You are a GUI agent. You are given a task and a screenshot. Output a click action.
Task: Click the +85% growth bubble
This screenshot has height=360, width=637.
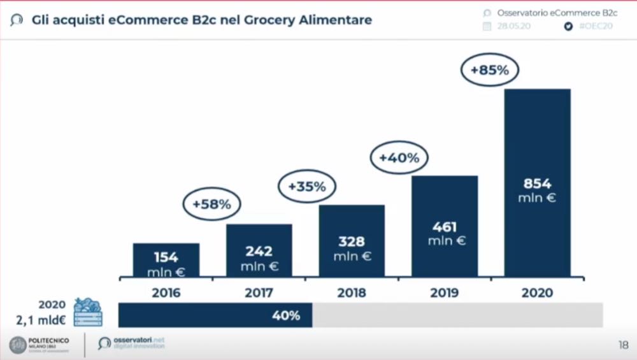coord(490,70)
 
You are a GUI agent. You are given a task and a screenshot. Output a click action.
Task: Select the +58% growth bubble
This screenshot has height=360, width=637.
coord(211,205)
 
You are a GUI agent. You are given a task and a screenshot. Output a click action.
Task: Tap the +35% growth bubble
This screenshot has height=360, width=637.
coord(307,187)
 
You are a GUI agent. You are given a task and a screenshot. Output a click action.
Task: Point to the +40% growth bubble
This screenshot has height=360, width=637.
coord(399,158)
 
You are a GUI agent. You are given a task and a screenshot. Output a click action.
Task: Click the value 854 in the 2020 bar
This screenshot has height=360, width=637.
coord(537,184)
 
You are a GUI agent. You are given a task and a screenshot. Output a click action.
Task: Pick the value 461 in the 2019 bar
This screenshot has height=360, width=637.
coord(444,227)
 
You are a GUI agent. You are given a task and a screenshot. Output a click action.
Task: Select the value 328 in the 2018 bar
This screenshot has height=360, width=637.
coord(352,241)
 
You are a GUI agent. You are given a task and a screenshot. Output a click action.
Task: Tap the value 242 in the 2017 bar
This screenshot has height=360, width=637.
coord(259,251)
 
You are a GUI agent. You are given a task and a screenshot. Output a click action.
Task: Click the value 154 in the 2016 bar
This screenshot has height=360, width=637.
coord(166,257)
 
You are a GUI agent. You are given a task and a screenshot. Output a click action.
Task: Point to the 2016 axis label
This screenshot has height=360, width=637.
coord(166,293)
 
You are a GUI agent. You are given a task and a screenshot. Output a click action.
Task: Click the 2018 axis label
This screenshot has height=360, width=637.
coord(352,293)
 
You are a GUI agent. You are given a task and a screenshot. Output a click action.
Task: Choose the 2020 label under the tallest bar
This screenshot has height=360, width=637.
coord(537,293)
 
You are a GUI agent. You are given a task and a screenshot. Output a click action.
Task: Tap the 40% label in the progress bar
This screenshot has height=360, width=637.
coord(286,315)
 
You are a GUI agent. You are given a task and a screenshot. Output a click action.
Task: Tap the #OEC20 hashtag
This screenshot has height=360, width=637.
coord(596,27)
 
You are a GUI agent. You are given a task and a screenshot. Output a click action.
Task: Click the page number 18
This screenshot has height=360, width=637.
coord(623,345)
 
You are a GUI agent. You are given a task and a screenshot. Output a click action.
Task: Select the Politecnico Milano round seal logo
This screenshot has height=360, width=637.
coord(18,345)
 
